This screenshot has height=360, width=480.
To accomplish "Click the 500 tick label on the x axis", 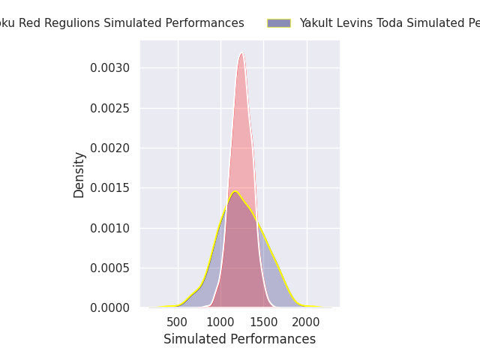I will (x=177, y=322).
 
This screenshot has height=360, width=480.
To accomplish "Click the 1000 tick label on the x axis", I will (x=220, y=322).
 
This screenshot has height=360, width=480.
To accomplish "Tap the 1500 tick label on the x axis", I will (x=263, y=322).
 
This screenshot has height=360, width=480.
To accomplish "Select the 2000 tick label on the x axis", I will (x=306, y=322).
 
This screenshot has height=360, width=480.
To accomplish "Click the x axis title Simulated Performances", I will (x=239, y=339).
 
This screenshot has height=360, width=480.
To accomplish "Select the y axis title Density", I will (x=79, y=174).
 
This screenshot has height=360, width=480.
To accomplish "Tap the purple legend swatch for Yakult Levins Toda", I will (x=278, y=23).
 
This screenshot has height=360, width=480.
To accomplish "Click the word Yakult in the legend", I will (x=316, y=23).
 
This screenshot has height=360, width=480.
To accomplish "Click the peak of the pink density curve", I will (x=241, y=53).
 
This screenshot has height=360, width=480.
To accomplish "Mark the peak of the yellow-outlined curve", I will (x=235, y=192).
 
